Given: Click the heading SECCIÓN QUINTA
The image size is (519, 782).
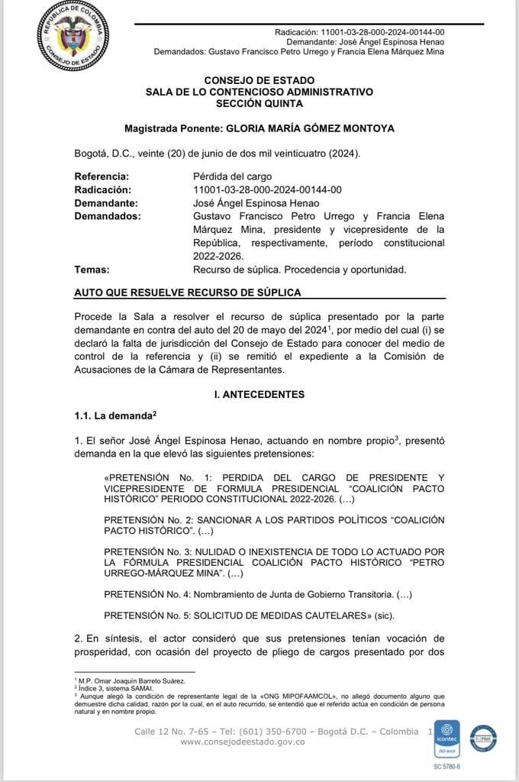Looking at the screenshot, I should pyautogui.click(x=259, y=103).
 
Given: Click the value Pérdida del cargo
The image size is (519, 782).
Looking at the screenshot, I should pyautogui.click(x=232, y=176).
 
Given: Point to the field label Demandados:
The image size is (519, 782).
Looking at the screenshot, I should pyautogui.click(x=108, y=216).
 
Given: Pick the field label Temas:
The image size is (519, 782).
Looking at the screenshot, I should pyautogui.click(x=92, y=269).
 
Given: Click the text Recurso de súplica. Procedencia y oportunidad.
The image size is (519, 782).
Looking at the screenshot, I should pyautogui.click(x=300, y=269).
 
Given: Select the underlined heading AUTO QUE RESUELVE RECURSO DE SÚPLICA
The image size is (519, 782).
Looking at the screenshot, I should pyautogui.click(x=187, y=292).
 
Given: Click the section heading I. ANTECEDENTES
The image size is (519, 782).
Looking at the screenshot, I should pyautogui.click(x=259, y=395).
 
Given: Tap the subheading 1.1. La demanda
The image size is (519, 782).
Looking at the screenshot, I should pyautogui.click(x=114, y=415).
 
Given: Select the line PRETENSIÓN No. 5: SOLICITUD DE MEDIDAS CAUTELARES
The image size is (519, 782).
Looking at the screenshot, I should pyautogui.click(x=247, y=614).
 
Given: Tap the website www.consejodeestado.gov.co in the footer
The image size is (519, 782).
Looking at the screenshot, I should pyautogui.click(x=243, y=742).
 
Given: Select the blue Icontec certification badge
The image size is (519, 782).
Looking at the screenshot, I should pyautogui.click(x=446, y=738).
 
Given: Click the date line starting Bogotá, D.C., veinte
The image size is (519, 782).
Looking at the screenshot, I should pyautogui.click(x=217, y=153).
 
